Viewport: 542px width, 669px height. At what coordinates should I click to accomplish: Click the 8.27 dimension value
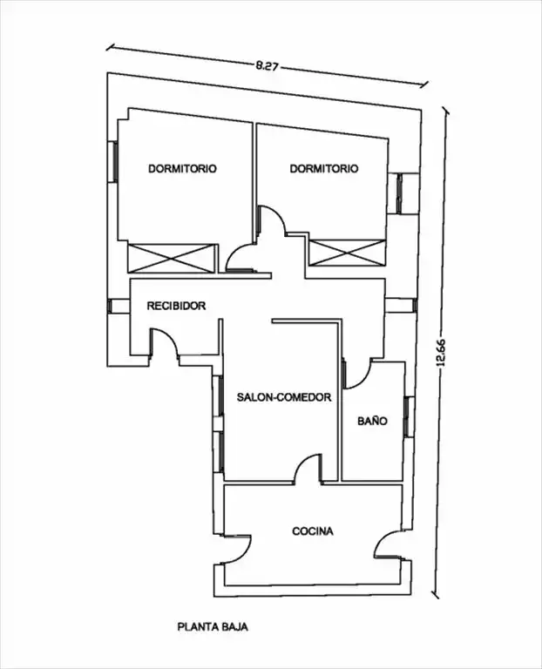pos(267,65)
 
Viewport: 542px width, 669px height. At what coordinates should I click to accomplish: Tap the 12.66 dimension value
pos(440,353)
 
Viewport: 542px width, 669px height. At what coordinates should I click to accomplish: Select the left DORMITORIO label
pos(182,168)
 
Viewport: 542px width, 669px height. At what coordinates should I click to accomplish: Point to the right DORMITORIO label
pos(324,168)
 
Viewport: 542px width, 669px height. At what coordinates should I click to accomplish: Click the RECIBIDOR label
pos(176,306)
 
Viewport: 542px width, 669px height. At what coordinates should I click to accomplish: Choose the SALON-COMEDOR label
pos(284,397)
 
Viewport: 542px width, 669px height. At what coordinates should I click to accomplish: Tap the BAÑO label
pos(373,421)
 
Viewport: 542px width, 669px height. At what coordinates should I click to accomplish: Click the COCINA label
pos(313,531)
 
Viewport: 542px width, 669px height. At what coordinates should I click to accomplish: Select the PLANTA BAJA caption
pos(213,627)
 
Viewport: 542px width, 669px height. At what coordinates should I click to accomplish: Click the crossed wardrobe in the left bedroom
pos(170,258)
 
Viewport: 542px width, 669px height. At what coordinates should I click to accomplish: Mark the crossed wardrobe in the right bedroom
pos(348,253)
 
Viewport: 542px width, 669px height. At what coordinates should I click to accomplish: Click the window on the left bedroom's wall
pos(113,162)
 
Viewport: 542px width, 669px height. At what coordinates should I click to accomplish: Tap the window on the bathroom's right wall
pos(408,417)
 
